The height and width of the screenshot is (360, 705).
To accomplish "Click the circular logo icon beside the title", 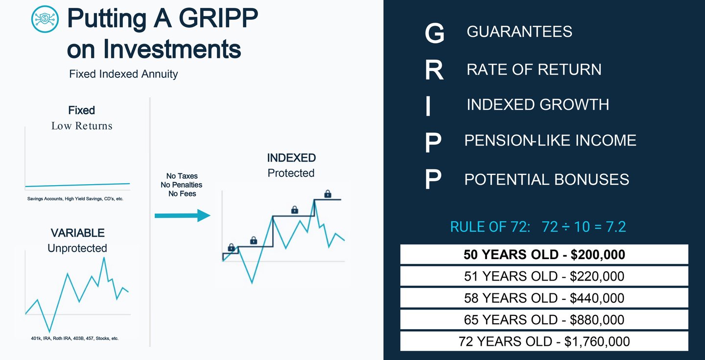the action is [x=45, y=19].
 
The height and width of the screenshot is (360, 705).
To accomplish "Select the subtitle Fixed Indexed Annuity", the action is [x=123, y=74].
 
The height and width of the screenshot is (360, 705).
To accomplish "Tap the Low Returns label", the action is [x=82, y=126].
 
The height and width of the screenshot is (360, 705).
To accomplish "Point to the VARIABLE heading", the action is [x=78, y=233].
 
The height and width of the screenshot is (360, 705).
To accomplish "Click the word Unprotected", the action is [x=77, y=248].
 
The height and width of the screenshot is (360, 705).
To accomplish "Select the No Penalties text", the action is [x=181, y=185].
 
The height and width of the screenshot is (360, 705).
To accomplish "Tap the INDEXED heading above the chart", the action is [x=291, y=158].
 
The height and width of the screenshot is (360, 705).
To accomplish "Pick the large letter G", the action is [x=434, y=34].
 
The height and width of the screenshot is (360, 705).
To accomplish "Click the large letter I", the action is [x=428, y=106].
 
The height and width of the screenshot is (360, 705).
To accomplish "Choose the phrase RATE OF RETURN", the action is [x=534, y=70].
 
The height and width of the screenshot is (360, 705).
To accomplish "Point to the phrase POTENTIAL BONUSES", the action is [x=546, y=179].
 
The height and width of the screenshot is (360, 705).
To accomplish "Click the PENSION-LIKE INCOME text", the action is [x=550, y=141].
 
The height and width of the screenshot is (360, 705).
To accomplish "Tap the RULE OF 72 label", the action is [x=490, y=227].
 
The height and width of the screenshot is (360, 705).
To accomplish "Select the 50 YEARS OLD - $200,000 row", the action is [x=544, y=255].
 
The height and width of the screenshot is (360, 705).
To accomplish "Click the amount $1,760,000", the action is [x=597, y=341].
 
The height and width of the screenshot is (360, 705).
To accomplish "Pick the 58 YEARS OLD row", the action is [x=544, y=298].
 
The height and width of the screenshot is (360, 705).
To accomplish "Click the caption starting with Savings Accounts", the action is [x=75, y=199].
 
